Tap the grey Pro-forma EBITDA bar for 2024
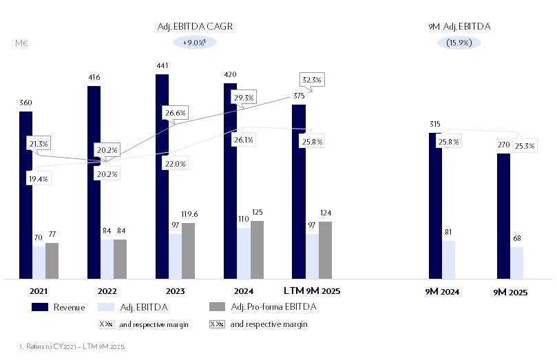257,250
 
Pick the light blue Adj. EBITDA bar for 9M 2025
516,263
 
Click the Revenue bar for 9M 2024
435,206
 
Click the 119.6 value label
188,213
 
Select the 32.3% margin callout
311,80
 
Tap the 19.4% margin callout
39,178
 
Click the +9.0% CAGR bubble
196,43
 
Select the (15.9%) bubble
459,43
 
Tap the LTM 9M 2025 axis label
313,291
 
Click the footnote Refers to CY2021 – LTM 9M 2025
72,348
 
